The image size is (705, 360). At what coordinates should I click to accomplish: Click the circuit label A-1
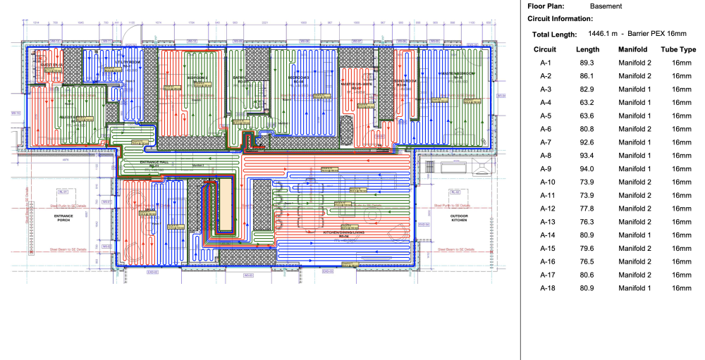[x=545, y=63]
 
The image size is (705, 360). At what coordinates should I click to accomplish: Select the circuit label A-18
[x=545, y=288]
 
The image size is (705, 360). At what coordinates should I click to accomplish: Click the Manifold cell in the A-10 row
[x=634, y=182]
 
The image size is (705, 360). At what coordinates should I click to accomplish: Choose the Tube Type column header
[x=678, y=49]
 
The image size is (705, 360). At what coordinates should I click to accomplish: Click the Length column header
[x=587, y=49]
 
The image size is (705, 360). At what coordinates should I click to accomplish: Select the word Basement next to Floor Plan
[x=606, y=6]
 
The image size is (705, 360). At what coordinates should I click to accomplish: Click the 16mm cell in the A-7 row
[x=681, y=142]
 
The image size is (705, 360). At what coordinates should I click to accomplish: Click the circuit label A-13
[x=545, y=222]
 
